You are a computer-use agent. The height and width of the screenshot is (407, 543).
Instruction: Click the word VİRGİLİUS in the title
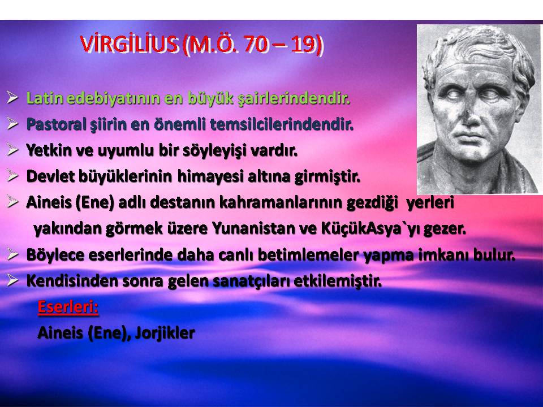click(129, 44)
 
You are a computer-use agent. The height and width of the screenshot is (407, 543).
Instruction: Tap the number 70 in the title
click(257, 44)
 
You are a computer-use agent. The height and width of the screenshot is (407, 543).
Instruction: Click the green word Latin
click(45, 98)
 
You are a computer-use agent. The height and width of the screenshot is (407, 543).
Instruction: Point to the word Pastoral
click(56, 124)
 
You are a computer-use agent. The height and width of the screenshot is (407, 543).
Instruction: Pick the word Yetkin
click(49, 150)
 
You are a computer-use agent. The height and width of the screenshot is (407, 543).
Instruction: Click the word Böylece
click(55, 256)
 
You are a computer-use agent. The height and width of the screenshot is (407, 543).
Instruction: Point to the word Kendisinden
click(72, 281)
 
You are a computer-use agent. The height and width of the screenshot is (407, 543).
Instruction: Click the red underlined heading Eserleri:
click(68, 306)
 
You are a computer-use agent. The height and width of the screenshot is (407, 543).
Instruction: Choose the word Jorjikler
click(165, 334)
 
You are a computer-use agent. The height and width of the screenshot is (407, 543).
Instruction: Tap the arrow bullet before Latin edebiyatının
click(12, 98)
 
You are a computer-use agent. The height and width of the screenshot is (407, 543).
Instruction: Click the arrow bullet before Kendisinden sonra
click(12, 280)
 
